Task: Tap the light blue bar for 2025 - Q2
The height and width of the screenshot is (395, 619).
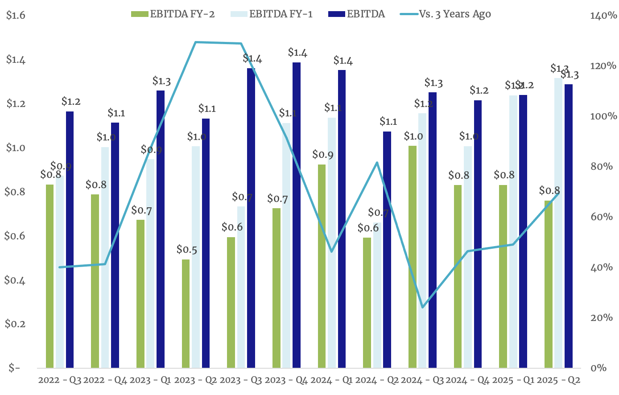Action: (558, 223)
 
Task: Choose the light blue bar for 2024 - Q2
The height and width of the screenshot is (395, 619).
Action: (377, 295)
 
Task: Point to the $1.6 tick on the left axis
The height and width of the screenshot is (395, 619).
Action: (16, 16)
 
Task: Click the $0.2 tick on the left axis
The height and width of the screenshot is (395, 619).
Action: (16, 324)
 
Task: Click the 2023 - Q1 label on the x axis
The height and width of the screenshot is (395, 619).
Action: (149, 381)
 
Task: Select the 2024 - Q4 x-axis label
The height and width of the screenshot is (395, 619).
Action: (467, 381)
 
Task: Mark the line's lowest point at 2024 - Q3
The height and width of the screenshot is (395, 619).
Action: (422, 307)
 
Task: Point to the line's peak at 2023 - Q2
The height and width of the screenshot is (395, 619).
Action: (196, 42)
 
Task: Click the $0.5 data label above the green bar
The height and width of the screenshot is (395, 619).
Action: (186, 250)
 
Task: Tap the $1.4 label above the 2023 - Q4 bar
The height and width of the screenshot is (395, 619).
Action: (297, 53)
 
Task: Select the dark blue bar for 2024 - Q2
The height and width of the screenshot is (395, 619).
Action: (387, 250)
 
